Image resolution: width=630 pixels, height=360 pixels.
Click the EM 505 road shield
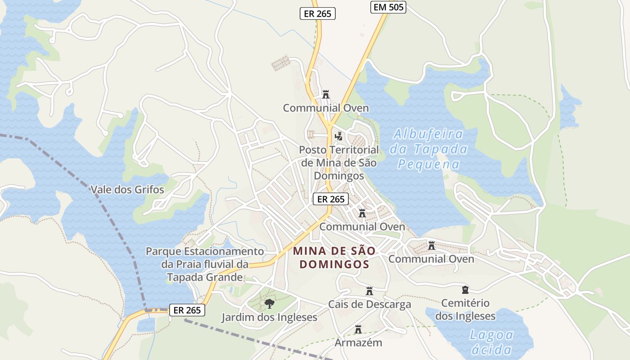pyautogui.click(x=388, y=7)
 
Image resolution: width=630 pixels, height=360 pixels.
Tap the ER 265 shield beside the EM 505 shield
pyautogui.click(x=318, y=13)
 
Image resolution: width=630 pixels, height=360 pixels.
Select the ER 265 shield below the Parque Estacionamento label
pyautogui.click(x=187, y=310)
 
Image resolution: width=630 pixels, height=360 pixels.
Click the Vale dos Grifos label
pyautogui.click(x=127, y=189)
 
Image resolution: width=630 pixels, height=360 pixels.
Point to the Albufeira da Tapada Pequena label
pyautogui.click(x=428, y=149)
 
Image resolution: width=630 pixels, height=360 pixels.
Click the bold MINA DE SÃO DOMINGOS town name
pyautogui.click(x=334, y=257)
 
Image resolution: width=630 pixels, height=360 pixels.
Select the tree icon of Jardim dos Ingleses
pyautogui.click(x=269, y=304)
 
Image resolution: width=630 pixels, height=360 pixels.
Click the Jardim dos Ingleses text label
pyautogui.click(x=269, y=317)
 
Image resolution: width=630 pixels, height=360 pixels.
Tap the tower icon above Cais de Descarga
pyautogui.click(x=369, y=291)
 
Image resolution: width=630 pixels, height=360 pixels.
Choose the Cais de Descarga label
pyautogui.click(x=369, y=304)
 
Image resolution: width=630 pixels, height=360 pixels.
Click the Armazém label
pyautogui.click(x=358, y=342)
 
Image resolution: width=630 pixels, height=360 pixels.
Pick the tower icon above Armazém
pyautogui.click(x=358, y=329)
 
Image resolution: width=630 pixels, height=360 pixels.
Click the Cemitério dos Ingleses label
pyautogui.click(x=465, y=310)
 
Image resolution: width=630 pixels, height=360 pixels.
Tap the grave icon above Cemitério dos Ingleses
pyautogui.click(x=465, y=290)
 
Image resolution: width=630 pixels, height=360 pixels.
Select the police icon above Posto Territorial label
pyautogui.click(x=339, y=136)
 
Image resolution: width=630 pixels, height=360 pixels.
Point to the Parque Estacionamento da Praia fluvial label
pyautogui.click(x=205, y=264)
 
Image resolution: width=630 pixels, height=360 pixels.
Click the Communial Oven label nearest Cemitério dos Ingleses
pyautogui.click(x=431, y=259)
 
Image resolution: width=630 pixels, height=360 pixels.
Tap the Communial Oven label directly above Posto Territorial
pyautogui.click(x=326, y=108)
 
